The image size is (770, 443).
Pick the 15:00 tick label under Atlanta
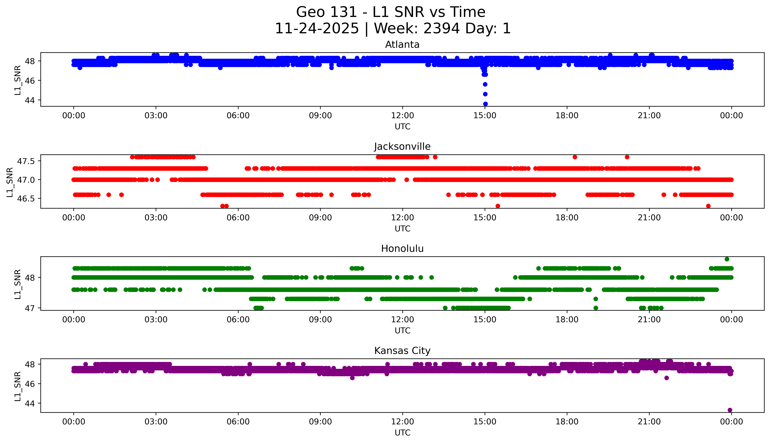tap(485, 116)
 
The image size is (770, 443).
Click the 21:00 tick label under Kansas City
tap(649, 422)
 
